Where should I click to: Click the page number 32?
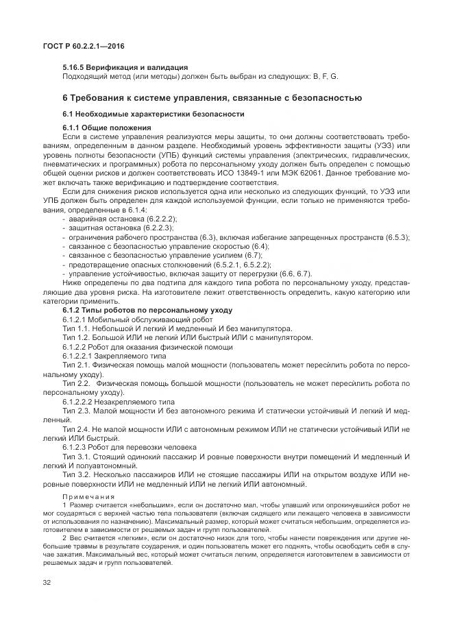pos(47,582)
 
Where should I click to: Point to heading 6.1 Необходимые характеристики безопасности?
pos(154,113)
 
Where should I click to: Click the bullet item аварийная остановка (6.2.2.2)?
pos(113,217)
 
